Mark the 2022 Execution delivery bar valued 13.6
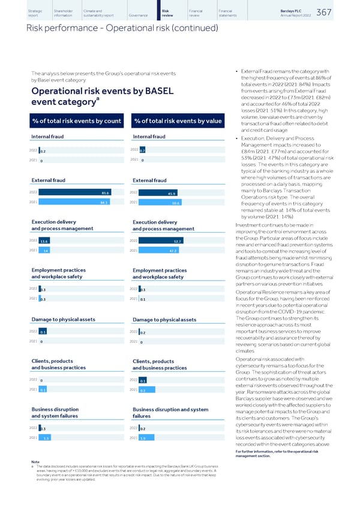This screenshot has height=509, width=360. point(44,241)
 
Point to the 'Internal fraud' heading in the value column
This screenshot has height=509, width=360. point(150,137)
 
